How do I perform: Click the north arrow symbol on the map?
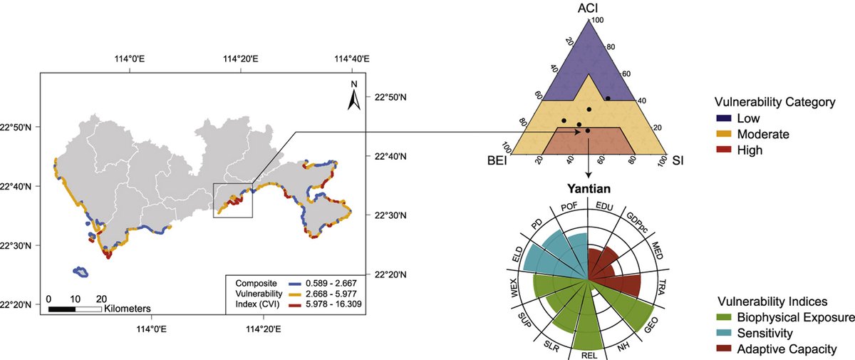pos(353,97)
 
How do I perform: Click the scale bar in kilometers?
pos(75,308)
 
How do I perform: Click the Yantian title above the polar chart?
pos(588,190)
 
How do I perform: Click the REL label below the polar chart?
pos(589,354)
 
